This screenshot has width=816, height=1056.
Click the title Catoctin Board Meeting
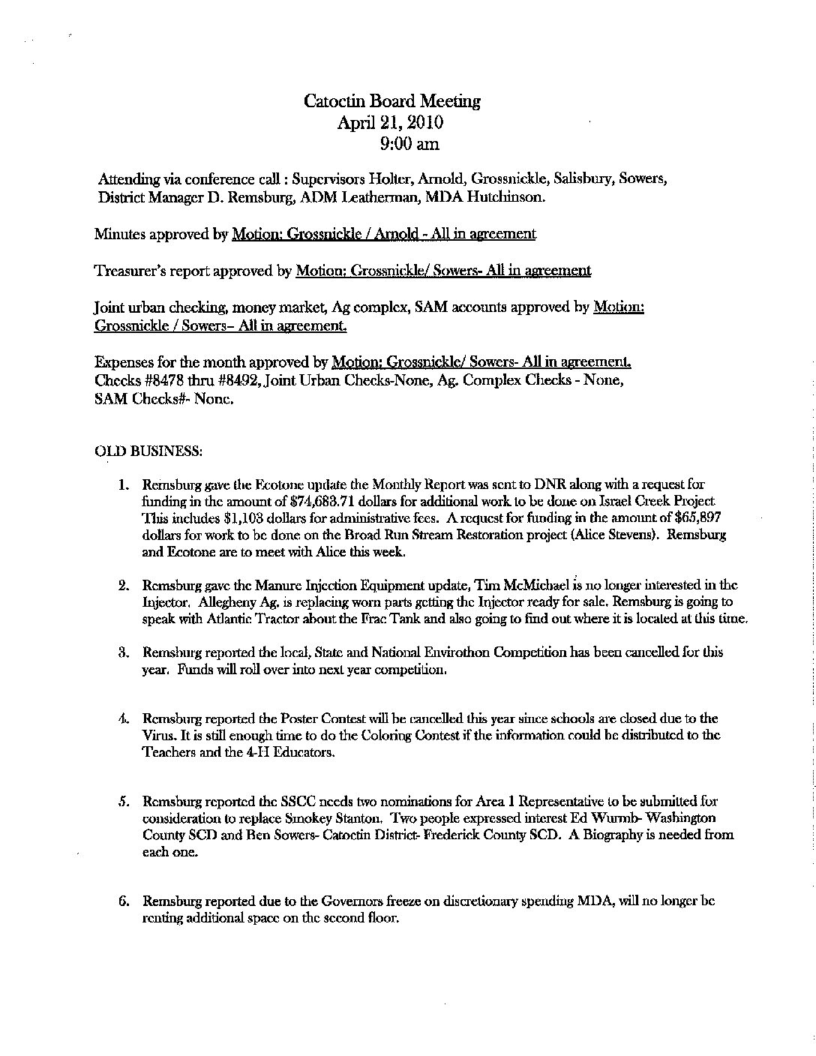click(x=392, y=101)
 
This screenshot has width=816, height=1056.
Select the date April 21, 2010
click(x=390, y=122)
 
